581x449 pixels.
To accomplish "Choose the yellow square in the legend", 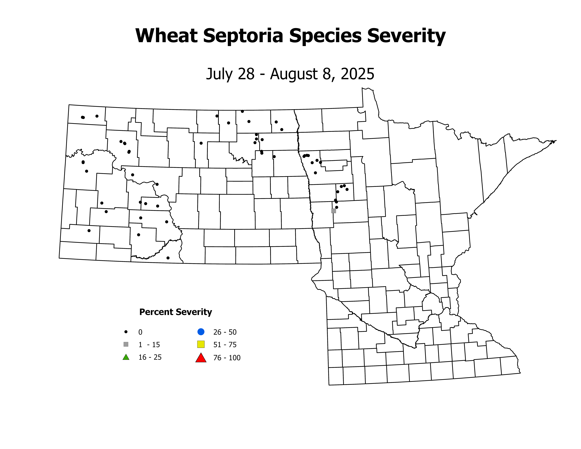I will tap(201, 344).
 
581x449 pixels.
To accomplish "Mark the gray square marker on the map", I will tap(334, 211).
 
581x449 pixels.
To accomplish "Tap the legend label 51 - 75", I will tap(225, 345).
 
